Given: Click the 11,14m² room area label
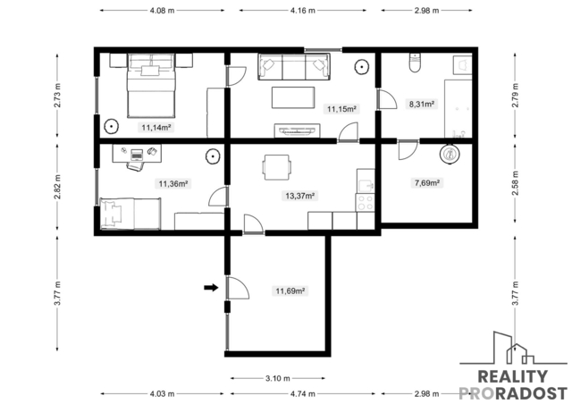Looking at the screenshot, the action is click(x=156, y=128).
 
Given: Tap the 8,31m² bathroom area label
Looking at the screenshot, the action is click(x=422, y=104).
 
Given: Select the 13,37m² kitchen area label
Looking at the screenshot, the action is click(x=300, y=196).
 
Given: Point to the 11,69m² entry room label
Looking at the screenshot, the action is click(x=290, y=290).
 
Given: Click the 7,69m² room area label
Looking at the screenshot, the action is click(x=427, y=182).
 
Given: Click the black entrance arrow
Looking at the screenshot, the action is click(x=211, y=288).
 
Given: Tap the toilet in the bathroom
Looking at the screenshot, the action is click(x=415, y=63).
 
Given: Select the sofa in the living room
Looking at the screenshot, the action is click(x=294, y=66).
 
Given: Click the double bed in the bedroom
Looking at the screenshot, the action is click(x=151, y=86).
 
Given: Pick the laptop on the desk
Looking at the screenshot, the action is click(x=137, y=155).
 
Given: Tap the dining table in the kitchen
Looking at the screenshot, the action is click(x=277, y=167).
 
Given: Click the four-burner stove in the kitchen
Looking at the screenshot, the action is click(x=366, y=203).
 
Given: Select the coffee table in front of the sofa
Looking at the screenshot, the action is click(x=293, y=97).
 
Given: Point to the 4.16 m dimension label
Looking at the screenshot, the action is click(x=303, y=11).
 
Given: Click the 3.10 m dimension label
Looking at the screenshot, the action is click(x=278, y=378).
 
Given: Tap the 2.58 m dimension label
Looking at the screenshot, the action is click(x=515, y=183).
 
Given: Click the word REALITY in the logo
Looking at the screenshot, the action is click(x=512, y=376).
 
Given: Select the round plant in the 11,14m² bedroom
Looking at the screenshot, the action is click(x=111, y=127).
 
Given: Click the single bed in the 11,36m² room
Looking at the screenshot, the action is click(x=130, y=214).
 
